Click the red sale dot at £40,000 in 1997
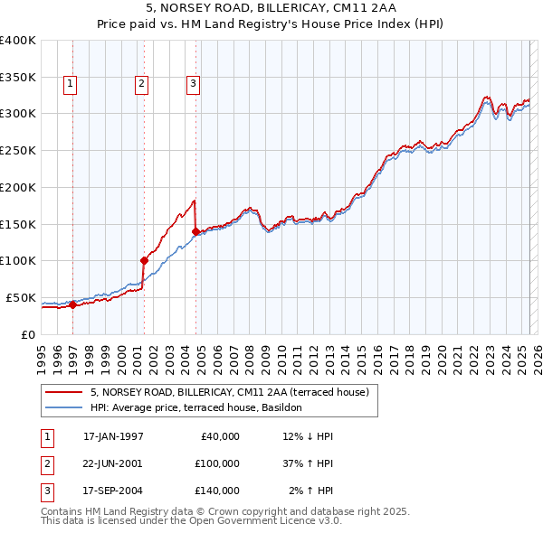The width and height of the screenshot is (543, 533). click(x=73, y=304)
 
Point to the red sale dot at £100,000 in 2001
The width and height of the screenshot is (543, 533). click(x=144, y=260)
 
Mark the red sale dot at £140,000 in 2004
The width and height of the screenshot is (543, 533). click(x=196, y=231)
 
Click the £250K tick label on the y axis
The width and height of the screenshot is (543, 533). click(x=18, y=150)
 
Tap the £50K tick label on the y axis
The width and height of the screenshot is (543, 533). click(x=21, y=297)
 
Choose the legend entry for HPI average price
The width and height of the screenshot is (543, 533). click(x=201, y=408)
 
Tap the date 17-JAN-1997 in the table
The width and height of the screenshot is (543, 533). click(x=113, y=436)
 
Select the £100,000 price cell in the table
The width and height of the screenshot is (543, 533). click(x=216, y=463)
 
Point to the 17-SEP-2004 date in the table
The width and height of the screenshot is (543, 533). click(x=113, y=491)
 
